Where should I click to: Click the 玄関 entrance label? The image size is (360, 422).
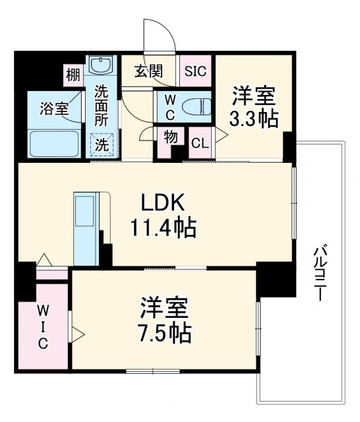[148, 72]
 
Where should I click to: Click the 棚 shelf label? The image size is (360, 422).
[73, 75]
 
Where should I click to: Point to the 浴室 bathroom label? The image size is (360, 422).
[54, 109]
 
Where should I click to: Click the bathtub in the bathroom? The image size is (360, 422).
[54, 143]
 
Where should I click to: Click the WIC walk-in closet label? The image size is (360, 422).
[42, 326]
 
